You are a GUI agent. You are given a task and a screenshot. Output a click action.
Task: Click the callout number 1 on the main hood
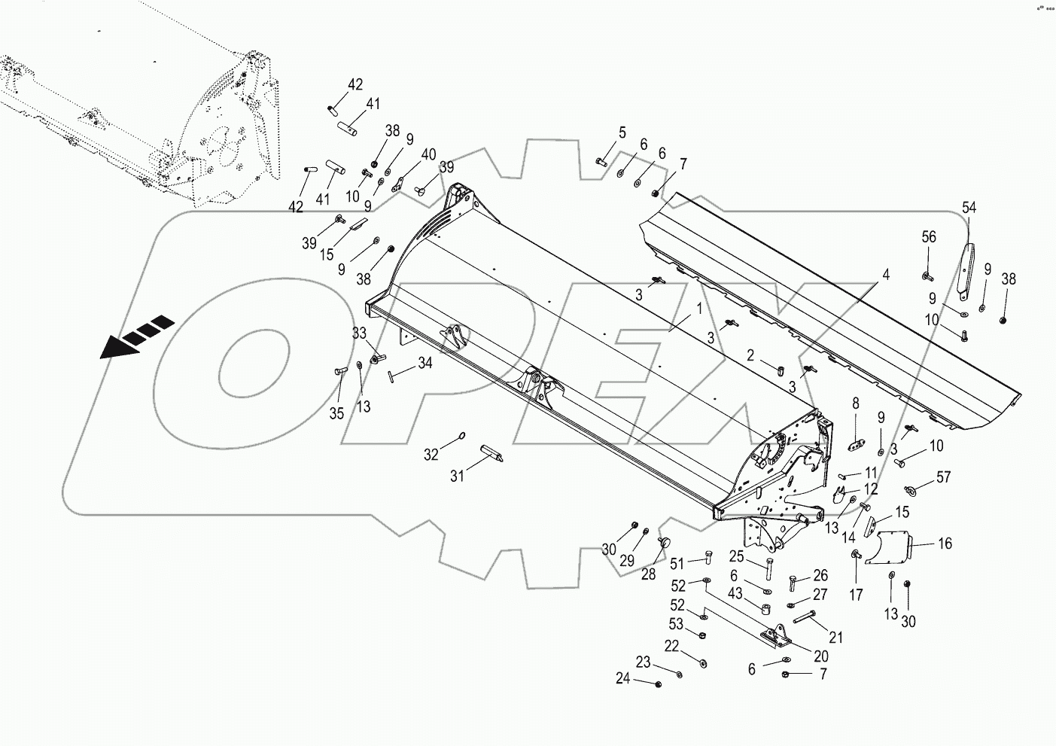pos(698,308)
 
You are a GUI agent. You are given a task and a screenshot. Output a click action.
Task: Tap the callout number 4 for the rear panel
pos(886,276)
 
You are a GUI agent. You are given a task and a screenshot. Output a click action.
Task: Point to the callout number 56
pos(929,237)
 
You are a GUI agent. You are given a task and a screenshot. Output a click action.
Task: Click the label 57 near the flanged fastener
pos(943,477)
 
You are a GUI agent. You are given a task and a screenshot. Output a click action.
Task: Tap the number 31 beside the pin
pos(458,476)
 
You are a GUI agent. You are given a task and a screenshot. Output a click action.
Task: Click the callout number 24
pos(622,678)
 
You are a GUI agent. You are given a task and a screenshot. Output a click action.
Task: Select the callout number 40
pos(428,155)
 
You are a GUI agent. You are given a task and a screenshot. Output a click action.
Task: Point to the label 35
pos(336,413)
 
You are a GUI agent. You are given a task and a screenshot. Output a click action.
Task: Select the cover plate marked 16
pos(889,546)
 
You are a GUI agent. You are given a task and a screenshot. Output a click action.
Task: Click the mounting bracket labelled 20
pos(774,637)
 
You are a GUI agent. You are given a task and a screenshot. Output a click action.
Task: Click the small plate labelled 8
pos(856,445)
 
